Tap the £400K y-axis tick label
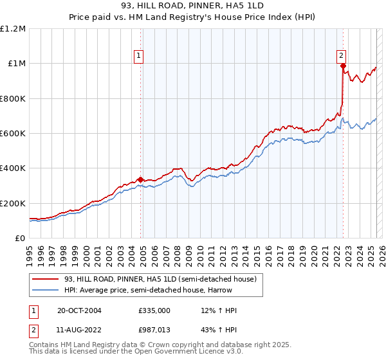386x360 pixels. pyautogui.click(x=14, y=168)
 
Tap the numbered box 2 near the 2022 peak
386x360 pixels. pyautogui.click(x=341, y=55)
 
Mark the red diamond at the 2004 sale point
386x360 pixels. pyautogui.click(x=140, y=180)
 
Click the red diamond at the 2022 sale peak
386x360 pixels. pyautogui.click(x=343, y=66)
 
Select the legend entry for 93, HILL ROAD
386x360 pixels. pyautogui.click(x=160, y=279)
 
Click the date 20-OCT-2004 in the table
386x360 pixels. pyautogui.click(x=79, y=310)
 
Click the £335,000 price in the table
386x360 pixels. pyautogui.click(x=154, y=310)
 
